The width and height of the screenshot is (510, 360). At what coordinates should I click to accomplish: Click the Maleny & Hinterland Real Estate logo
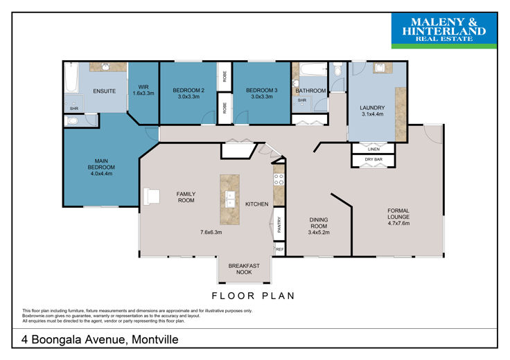pos(444,31)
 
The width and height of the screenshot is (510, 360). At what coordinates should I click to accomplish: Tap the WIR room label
pos(143,87)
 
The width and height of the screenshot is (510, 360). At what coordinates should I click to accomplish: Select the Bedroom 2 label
pos(188,90)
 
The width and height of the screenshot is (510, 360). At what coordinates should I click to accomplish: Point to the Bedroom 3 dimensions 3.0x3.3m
pos(262,96)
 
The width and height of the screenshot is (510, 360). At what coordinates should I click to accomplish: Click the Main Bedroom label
pos(101,164)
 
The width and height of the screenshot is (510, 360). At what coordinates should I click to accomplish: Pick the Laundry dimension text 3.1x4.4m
pos(372,114)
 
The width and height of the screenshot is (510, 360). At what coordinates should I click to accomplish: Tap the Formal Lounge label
pos(398,213)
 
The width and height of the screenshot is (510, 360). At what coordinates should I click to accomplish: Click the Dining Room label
pos(319,223)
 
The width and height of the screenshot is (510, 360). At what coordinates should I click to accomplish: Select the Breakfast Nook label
pos(244,269)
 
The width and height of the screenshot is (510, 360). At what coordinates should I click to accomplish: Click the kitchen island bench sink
pos(230,199)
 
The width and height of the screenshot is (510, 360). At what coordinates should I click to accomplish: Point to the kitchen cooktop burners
pos(279,180)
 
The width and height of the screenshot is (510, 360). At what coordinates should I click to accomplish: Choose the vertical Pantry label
pos(279,224)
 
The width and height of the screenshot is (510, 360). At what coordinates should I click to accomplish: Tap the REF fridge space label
pos(280,249)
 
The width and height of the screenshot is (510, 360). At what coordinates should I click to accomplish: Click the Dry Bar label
pos(373,159)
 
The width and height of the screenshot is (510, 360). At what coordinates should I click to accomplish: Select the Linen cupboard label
pos(373,149)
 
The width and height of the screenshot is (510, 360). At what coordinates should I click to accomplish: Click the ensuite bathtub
pos(71,78)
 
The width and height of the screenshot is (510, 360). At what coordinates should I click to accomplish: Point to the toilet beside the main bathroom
pos(338,69)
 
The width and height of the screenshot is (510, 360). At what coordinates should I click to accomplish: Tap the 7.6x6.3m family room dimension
pos(211,233)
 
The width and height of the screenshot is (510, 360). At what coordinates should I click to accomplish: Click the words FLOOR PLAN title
pos(253,296)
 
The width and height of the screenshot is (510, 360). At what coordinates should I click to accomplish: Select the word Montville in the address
pos(155,339)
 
